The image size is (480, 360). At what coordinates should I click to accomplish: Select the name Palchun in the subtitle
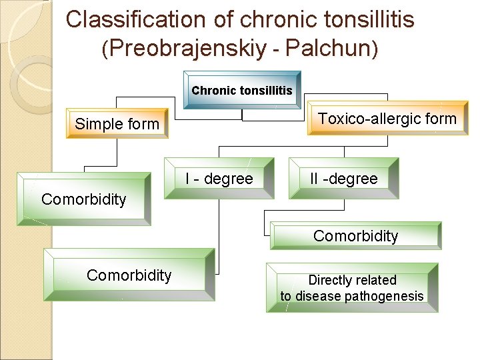pos(333,49)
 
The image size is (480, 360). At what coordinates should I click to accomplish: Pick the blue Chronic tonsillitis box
pos(242,90)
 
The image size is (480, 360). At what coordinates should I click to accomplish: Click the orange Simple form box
pos(117,123)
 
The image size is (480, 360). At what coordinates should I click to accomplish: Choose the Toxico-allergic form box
pos(387,119)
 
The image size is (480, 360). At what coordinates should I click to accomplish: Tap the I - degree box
pos(219,179)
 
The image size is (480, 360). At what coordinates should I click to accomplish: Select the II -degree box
pos(343,179)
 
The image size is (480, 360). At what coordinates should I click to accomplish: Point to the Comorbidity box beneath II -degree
pos(355,235)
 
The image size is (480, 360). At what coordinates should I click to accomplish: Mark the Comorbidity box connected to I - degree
pos(129,275)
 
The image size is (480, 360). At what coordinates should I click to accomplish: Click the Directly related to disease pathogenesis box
pos(352,288)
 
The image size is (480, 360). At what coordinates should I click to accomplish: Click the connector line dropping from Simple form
pos(117,151)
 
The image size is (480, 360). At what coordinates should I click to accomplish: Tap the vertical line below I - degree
pos(219,233)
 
